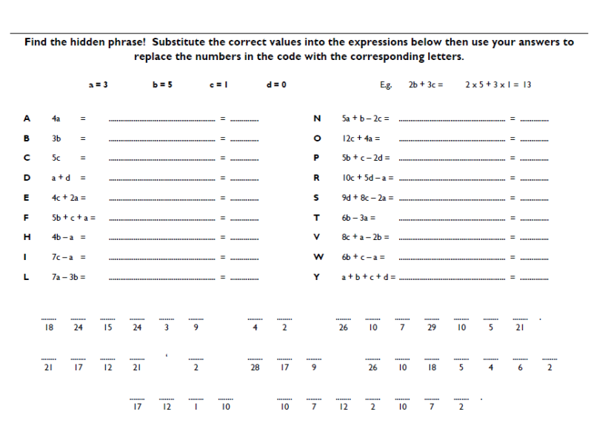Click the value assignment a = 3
98,84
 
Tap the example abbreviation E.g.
387,84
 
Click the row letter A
27,118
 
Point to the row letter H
27,237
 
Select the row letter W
317,257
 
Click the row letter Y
317,277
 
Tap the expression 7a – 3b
64,277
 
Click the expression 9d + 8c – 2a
364,197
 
